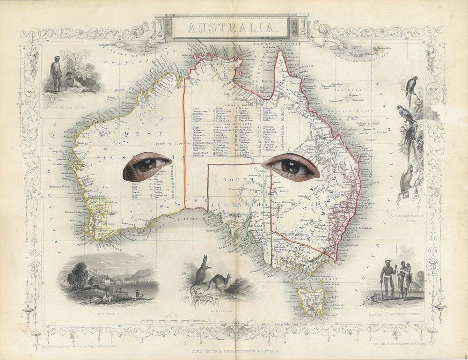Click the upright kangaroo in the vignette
(x=201, y=276)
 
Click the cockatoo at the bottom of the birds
(x=407, y=180)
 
